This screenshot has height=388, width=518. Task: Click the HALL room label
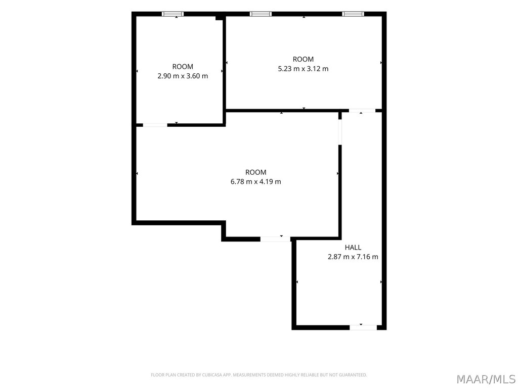353,247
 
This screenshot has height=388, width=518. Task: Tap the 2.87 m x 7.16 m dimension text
353,257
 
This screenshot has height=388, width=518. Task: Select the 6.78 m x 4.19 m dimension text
255,181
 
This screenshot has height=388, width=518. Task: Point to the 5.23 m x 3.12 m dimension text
304,69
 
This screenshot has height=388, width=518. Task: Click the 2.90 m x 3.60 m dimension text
183,76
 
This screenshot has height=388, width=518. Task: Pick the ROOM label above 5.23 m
304,59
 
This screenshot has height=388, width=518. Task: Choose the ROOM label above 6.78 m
255,172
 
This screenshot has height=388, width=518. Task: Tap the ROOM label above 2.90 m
183,66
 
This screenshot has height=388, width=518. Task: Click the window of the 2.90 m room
173,14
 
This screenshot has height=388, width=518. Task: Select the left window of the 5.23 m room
261,14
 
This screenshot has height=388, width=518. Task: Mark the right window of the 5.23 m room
353,14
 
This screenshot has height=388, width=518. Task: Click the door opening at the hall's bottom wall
363,327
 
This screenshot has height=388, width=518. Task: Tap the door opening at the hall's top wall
362,111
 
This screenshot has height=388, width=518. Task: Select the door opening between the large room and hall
340,132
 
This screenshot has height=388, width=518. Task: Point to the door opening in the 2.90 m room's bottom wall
155,125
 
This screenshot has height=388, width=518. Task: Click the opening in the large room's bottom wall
275,239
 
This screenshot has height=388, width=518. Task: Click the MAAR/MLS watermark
486,379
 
